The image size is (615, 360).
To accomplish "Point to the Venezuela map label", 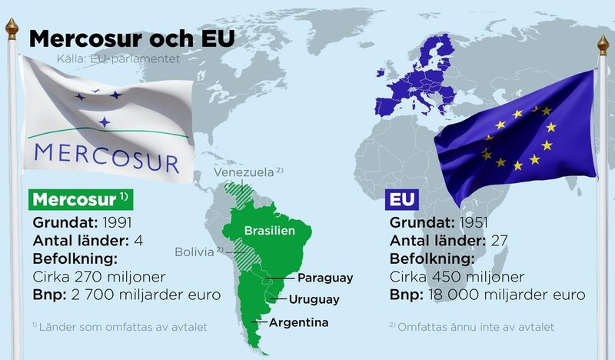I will click(x=244, y=172).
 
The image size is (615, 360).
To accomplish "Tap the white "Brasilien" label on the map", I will click(x=265, y=230).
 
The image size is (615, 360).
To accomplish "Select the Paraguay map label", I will click(x=324, y=278).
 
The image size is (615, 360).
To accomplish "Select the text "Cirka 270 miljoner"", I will click(x=100, y=276).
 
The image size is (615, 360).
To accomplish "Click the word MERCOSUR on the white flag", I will click(x=107, y=155).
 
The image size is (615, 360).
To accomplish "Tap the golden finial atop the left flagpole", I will click(x=12, y=28).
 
